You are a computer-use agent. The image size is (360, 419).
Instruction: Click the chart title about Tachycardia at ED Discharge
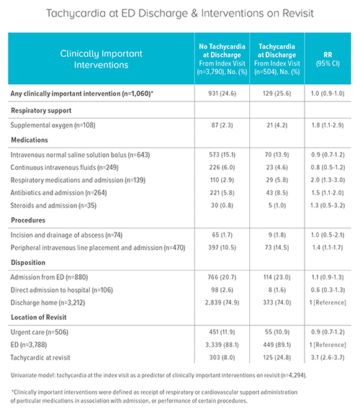[x=179, y=14]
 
